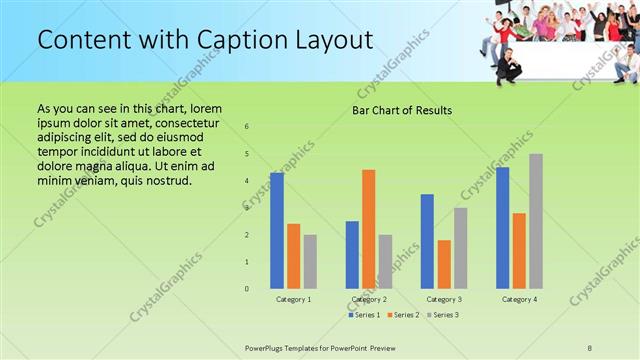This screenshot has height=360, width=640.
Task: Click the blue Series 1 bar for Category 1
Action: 277,231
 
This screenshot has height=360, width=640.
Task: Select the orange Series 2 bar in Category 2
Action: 368,229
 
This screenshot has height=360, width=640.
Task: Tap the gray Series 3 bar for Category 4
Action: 535,221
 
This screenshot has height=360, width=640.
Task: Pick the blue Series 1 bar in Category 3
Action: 427,241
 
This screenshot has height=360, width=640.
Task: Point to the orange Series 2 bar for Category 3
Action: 443,264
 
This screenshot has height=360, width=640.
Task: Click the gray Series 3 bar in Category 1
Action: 310,262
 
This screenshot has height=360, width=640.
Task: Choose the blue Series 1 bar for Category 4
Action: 502,228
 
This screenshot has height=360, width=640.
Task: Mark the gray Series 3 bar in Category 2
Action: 385,262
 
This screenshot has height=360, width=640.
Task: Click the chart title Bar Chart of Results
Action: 402,110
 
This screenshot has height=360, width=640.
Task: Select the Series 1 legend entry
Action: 363,315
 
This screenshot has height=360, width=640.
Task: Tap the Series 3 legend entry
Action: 442,315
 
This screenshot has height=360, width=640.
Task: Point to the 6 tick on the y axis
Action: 247,127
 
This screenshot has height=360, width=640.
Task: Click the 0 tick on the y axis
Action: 247,289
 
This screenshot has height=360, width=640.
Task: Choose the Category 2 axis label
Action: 369,299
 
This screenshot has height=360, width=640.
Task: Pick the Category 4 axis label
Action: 518,299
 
